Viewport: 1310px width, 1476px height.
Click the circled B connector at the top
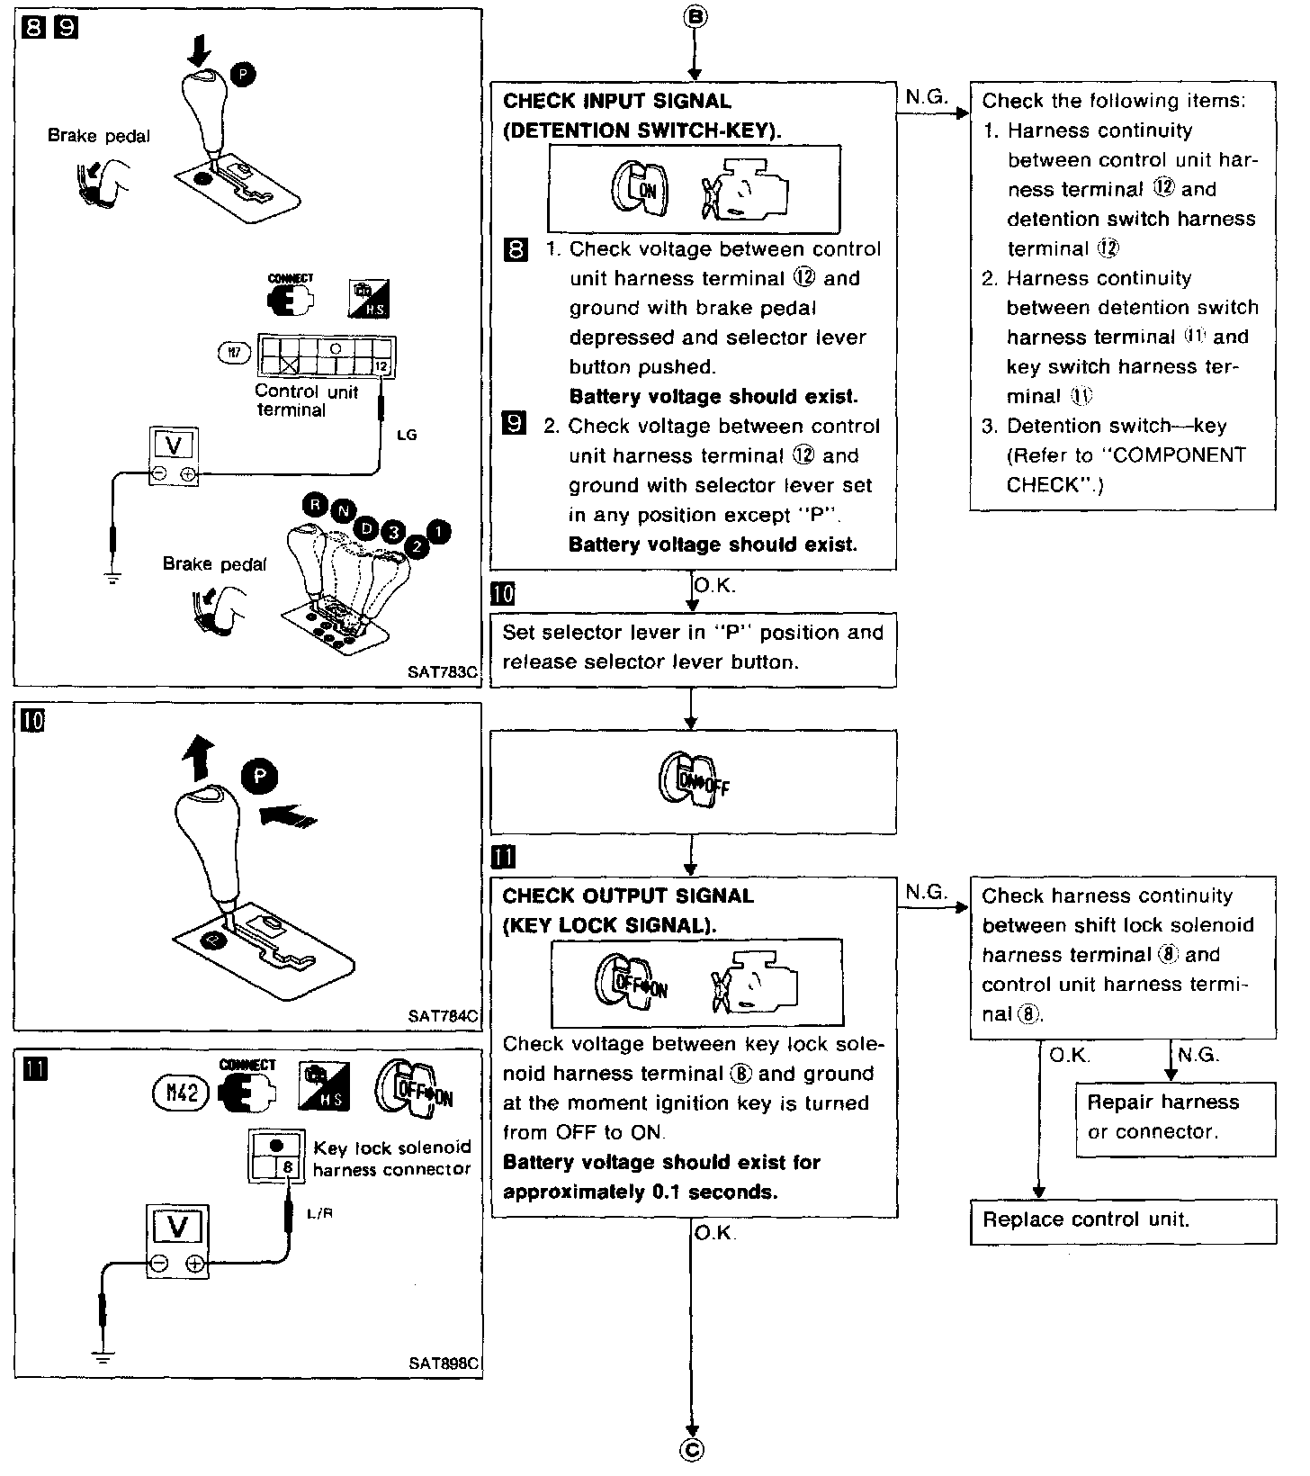pyautogui.click(x=692, y=16)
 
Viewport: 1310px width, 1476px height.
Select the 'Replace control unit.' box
pyautogui.click(x=1122, y=1220)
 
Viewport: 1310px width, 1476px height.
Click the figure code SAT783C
pyautogui.click(x=444, y=671)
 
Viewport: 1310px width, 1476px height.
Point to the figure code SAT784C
pyautogui.click(x=444, y=1016)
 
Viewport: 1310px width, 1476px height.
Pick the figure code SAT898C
pyautogui.click(x=444, y=1363)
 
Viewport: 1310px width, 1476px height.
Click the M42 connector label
pyautogui.click(x=181, y=1095)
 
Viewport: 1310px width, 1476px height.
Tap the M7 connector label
pyautogui.click(x=234, y=354)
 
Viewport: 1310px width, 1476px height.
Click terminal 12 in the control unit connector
pyautogui.click(x=381, y=366)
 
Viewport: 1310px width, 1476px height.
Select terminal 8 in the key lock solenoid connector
pyautogui.click(x=288, y=1167)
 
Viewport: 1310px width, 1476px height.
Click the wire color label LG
pyautogui.click(x=407, y=435)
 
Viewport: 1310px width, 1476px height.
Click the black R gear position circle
pyautogui.click(x=315, y=505)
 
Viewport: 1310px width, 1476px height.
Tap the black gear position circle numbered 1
pyautogui.click(x=437, y=532)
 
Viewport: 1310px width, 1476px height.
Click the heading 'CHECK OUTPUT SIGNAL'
pyautogui.click(x=628, y=895)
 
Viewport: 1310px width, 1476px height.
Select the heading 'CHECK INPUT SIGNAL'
pyautogui.click(x=617, y=101)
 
